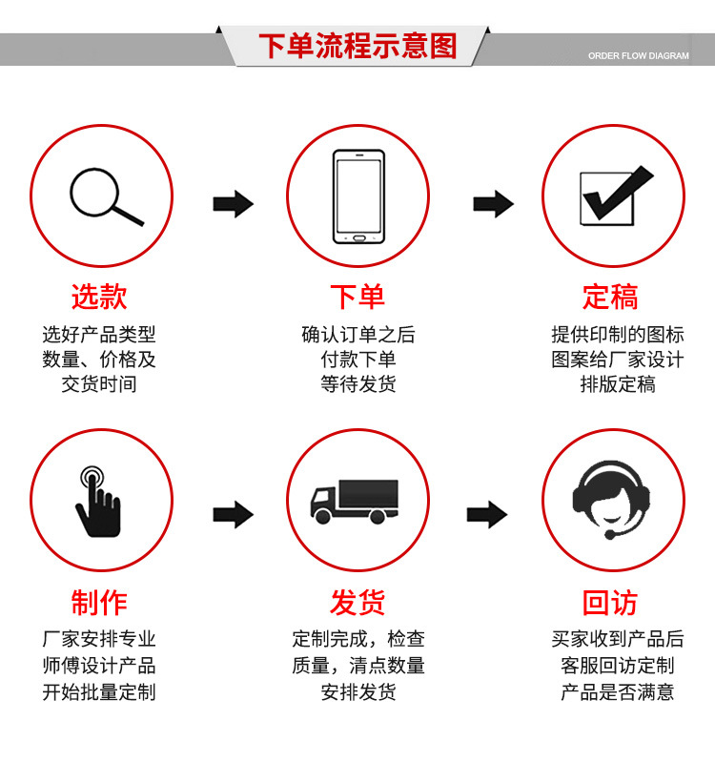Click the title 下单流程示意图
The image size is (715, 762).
click(357, 46)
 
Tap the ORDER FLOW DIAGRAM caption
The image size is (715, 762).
click(638, 56)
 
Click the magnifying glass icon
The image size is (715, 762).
click(103, 197)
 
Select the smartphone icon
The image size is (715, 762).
click(357, 196)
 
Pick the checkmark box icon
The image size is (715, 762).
click(612, 196)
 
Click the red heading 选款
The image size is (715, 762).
click(99, 297)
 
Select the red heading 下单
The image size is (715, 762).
click(357, 297)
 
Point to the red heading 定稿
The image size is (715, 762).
click(610, 297)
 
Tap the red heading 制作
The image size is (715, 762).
click(99, 603)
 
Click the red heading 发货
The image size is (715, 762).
click(357, 603)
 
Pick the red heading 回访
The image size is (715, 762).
click(610, 603)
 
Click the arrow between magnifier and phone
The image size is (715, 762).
click(233, 203)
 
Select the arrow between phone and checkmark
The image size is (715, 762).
click(493, 203)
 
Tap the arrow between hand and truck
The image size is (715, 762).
click(233, 515)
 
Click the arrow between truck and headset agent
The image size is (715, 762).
click(487, 515)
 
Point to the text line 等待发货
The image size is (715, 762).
click(357, 384)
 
